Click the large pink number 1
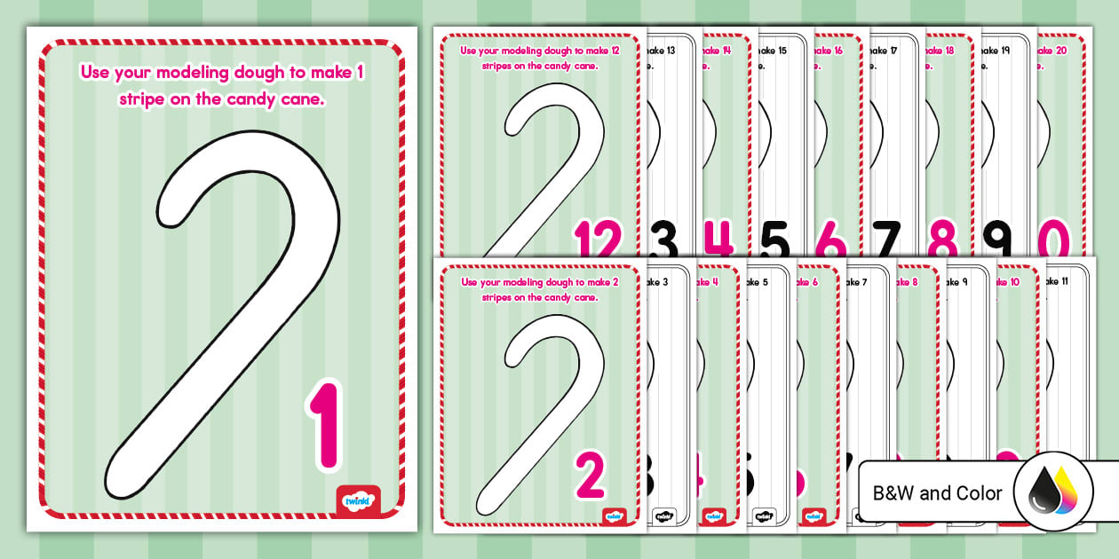point(326,424)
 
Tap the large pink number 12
point(598,240)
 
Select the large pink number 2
point(591,475)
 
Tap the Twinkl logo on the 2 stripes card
point(614,516)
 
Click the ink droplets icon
point(1052,493)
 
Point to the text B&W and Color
point(937,493)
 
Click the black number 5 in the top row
point(774,240)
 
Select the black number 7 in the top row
point(885,240)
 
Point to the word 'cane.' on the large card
point(299,99)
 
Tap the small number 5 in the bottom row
point(765,282)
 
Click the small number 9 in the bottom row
point(964,282)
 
